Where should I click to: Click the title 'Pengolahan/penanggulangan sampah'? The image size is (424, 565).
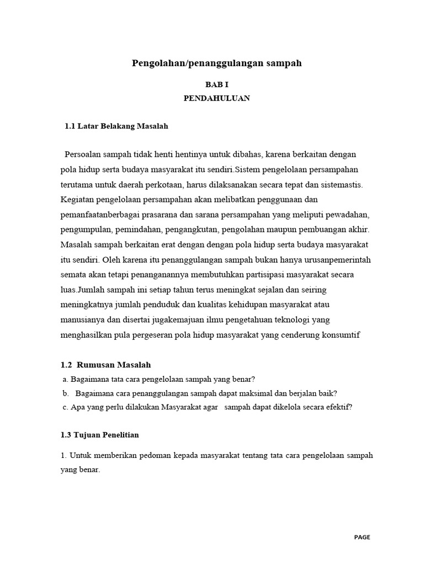pyautogui.click(x=216, y=63)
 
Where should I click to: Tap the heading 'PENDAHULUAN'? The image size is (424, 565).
pyautogui.click(x=216, y=98)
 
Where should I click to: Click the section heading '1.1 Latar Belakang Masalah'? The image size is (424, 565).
pyautogui.click(x=116, y=126)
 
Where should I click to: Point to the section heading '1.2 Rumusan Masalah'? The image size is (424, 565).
pyautogui.click(x=105, y=365)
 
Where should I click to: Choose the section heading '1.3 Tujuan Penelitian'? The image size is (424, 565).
pyautogui.click(x=100, y=435)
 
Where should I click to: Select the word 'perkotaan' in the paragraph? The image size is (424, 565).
pyautogui.click(x=161, y=183)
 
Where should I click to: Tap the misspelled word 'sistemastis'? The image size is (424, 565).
pyautogui.click(x=339, y=183)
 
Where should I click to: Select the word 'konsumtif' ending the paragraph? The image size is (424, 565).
pyautogui.click(x=342, y=335)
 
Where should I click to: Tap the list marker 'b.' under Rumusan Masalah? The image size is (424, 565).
pyautogui.click(x=65, y=393)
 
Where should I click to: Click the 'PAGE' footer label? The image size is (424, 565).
pyautogui.click(x=362, y=537)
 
